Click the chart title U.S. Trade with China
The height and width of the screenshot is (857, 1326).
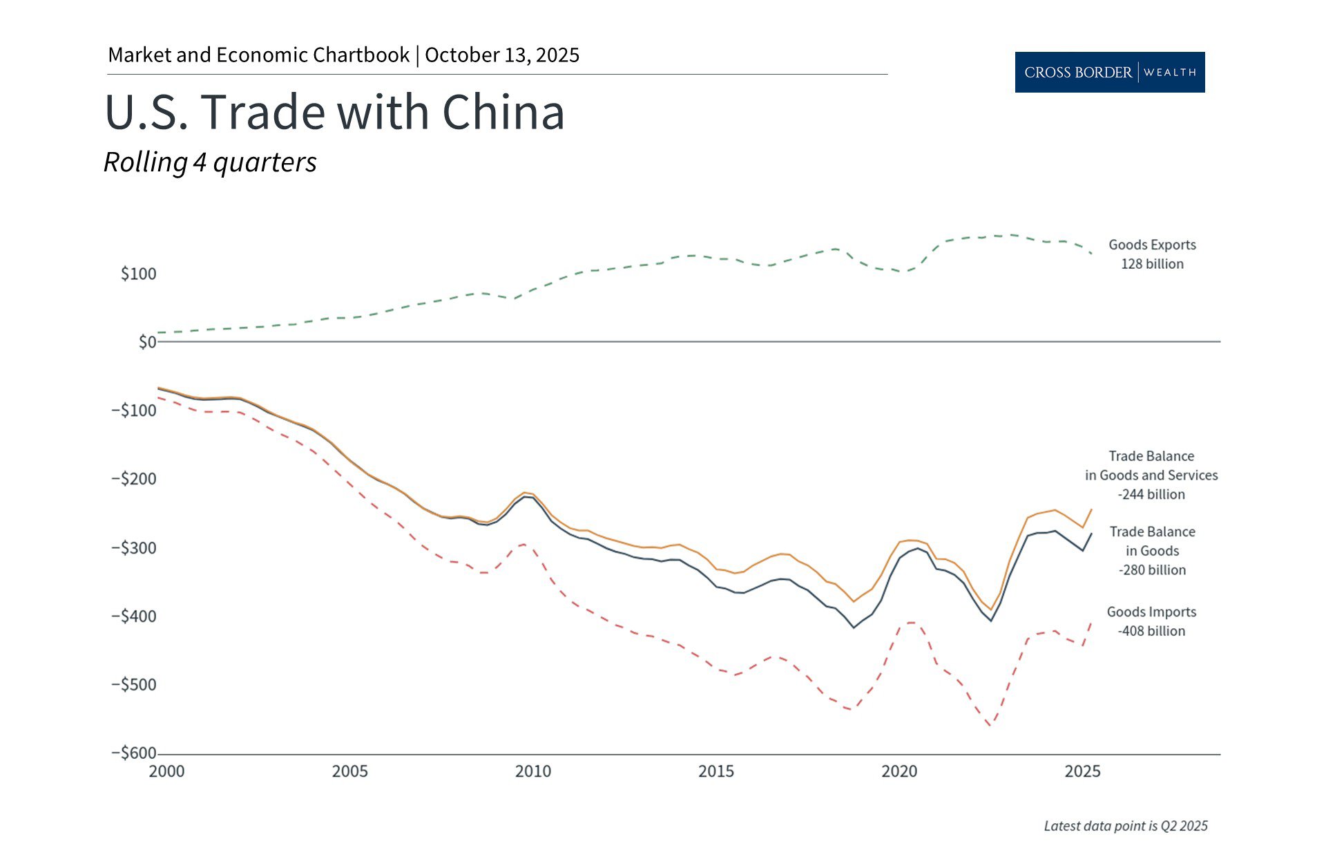click(334, 112)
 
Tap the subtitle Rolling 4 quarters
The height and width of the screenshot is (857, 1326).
click(210, 162)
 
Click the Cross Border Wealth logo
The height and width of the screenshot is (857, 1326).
click(1109, 72)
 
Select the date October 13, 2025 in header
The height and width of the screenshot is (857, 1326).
click(502, 55)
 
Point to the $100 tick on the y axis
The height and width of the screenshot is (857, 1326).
click(138, 274)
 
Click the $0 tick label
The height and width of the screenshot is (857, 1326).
click(147, 342)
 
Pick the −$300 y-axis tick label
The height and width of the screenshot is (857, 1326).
click(133, 547)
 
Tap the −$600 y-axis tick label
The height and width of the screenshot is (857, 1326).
click(133, 753)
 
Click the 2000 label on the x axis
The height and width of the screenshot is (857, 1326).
click(166, 771)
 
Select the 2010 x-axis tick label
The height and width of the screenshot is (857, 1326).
click(532, 771)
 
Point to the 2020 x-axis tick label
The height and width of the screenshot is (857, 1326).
click(899, 771)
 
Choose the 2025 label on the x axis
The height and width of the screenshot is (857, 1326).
click(1082, 771)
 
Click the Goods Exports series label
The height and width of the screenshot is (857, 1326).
click(1152, 245)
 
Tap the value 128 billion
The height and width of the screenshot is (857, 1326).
click(1152, 264)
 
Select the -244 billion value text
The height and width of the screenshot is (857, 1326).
click(1151, 494)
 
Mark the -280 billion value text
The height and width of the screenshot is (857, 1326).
click(1152, 570)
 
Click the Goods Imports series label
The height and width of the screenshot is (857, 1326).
click(1151, 612)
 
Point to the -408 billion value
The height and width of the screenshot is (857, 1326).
click(1151, 631)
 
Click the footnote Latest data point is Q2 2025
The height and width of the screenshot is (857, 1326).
click(1125, 826)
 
